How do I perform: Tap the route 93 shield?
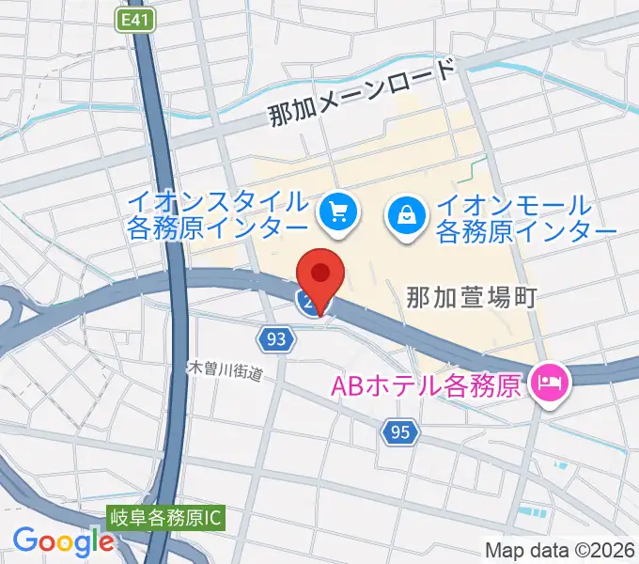(275, 339)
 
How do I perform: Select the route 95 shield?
(399, 431)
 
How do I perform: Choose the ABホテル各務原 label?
(424, 385)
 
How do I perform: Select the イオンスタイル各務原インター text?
(219, 215)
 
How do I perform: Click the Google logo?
(63, 541)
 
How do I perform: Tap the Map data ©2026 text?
(560, 550)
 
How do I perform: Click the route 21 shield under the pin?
(308, 302)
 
